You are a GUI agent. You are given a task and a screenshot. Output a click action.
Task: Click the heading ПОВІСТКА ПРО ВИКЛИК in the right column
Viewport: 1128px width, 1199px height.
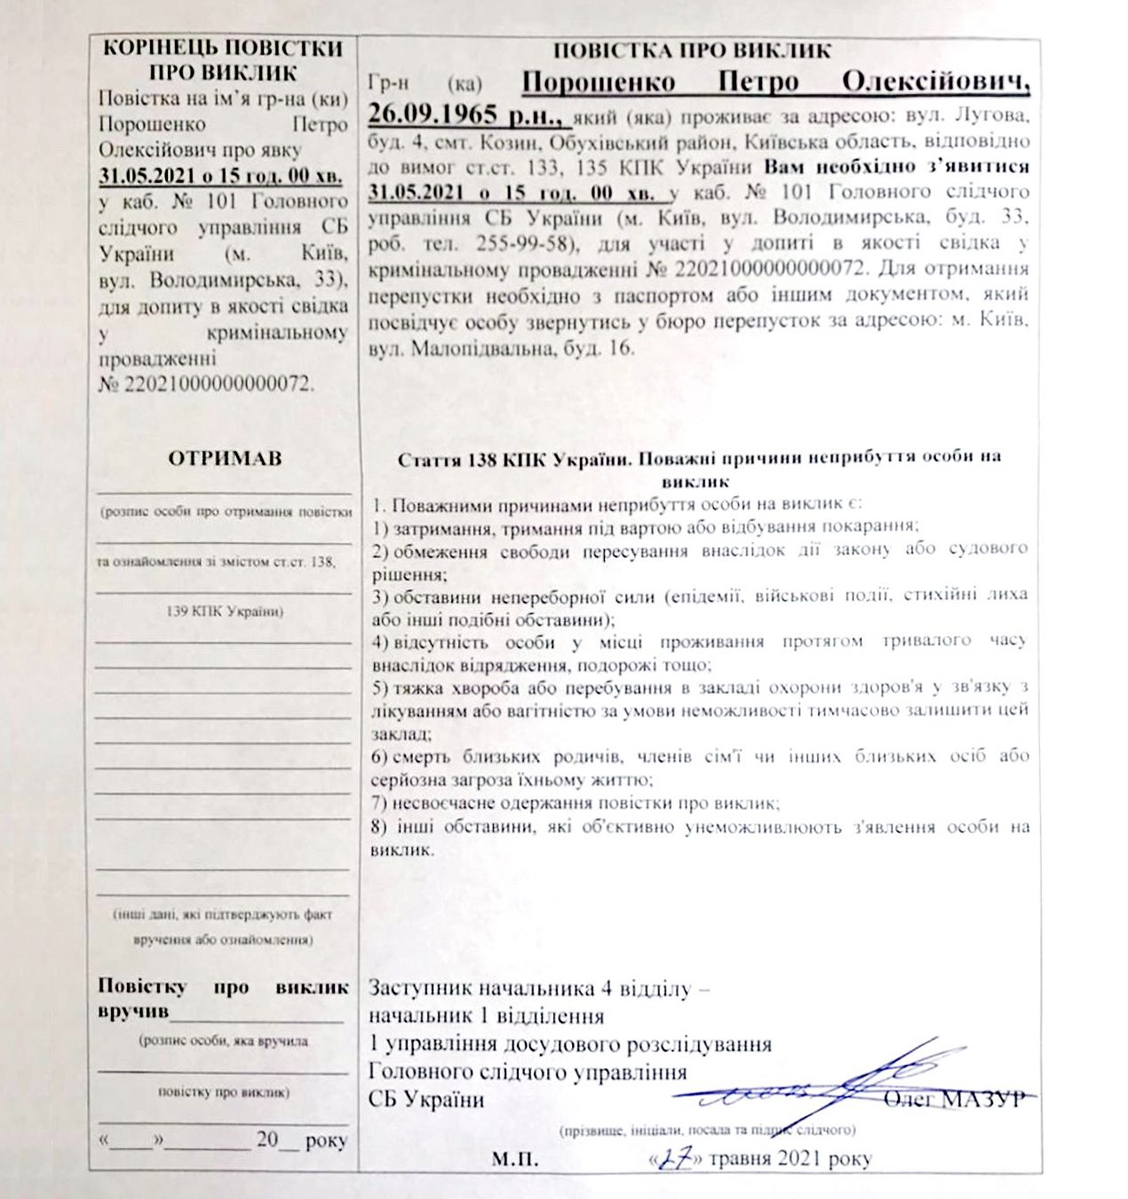click(x=692, y=51)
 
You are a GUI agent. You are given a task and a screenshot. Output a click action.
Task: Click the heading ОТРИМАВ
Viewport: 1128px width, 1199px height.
click(x=225, y=458)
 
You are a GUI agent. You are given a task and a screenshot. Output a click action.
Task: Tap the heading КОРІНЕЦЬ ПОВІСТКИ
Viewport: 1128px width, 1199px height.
click(x=223, y=48)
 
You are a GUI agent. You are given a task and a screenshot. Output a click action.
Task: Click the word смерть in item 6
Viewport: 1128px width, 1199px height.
click(x=424, y=757)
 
